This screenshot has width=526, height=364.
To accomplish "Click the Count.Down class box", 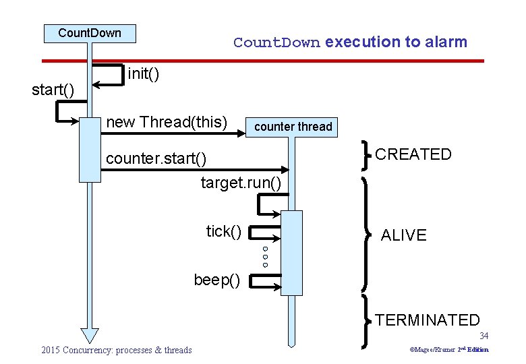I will point(90,33).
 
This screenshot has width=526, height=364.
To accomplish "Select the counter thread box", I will point(293,127).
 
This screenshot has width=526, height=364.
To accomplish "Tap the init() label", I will point(144,73).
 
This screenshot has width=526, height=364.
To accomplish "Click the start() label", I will point(53,90).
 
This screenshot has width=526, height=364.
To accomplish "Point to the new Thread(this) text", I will point(167,122).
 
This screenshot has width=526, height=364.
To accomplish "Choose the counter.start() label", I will point(156,160).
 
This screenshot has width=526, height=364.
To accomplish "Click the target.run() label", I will point(241,183).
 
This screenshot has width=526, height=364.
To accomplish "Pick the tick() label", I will point(224,232).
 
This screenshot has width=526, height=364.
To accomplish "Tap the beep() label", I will point(216,279).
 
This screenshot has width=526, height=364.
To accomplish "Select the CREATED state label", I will point(413,154).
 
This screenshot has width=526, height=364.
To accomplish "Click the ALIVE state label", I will point(403,235).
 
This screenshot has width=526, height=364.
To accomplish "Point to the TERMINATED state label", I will point(428,320).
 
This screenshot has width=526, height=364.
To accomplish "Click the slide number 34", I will point(484,336).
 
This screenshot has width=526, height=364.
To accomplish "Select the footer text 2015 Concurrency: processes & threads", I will point(116,350).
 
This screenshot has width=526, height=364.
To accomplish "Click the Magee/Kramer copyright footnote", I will point(450,350).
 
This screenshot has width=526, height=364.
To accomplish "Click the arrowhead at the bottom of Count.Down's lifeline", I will point(90,335).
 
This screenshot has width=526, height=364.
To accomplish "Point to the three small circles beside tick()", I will point(266,256).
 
